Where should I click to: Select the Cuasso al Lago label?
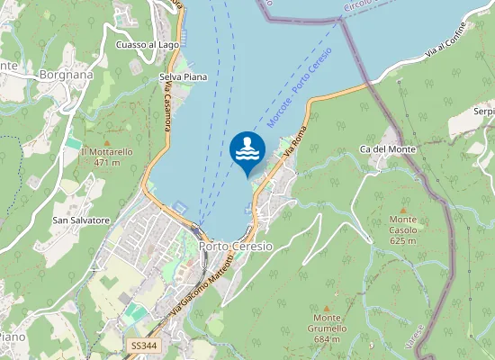[x=149, y=44]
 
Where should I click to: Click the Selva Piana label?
[x=183, y=77]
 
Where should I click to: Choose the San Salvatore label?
[x=81, y=220]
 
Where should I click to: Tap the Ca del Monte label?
[x=387, y=148]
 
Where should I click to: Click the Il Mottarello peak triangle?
[x=106, y=141]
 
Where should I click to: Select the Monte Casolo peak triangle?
[x=403, y=209]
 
